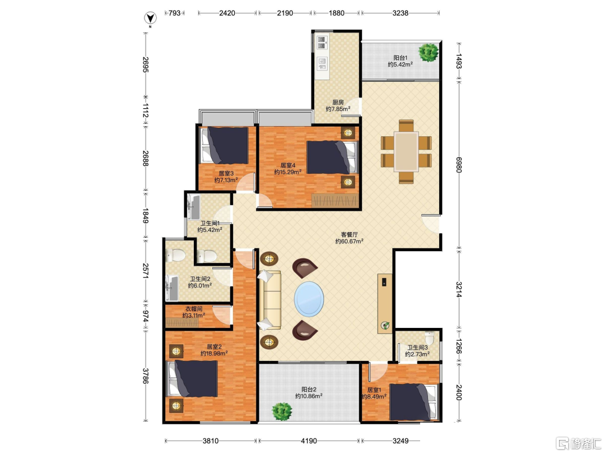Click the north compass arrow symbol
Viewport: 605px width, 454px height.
click(150, 18)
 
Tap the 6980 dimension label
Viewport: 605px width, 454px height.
click(459, 164)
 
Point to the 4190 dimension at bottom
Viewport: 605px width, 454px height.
click(309, 441)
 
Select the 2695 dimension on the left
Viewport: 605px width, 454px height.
click(146, 64)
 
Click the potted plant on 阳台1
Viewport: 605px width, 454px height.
click(429, 52)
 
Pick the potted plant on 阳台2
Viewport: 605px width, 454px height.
click(282, 411)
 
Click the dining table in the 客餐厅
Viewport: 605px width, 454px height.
click(406, 151)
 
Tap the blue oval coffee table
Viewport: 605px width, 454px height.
click(309, 299)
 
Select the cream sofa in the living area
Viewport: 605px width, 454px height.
click(269, 300)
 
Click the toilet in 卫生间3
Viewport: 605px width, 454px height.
click(430, 337)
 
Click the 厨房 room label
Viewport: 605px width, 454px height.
click(338, 103)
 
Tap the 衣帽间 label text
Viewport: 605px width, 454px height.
click(194, 309)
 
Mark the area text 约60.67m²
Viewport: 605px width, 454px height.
click(349, 241)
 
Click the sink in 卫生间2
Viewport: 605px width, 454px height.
click(172, 288)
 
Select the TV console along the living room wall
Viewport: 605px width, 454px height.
click(385, 303)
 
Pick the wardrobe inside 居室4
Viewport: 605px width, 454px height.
click(336, 200)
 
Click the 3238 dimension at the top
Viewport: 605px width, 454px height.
click(400, 13)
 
